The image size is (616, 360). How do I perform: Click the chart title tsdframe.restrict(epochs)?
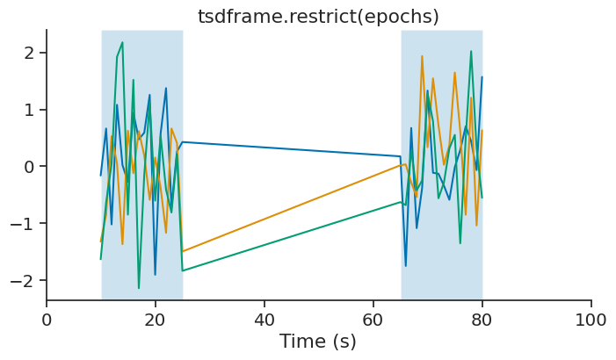tap(318, 17)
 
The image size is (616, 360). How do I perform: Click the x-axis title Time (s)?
tap(318, 342)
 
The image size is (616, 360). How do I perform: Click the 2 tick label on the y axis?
tap(29, 53)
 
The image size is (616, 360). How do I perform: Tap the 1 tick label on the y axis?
tap(29, 110)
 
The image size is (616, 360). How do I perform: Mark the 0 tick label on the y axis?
tap(29, 167)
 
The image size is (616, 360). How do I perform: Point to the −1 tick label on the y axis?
tap(24, 224)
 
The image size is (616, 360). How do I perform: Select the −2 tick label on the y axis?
tap(24, 281)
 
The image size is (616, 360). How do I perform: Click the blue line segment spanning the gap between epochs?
tap(290, 149)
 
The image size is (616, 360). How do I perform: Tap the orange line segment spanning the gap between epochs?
tap(290, 208)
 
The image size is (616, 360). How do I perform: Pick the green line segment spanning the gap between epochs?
tap(290, 236)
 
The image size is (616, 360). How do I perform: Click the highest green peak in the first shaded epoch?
tap(122, 42)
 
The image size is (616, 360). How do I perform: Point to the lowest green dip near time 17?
tap(139, 288)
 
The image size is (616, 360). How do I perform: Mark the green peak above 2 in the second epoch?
tap(471, 52)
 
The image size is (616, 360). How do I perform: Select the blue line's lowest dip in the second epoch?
tap(406, 265)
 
